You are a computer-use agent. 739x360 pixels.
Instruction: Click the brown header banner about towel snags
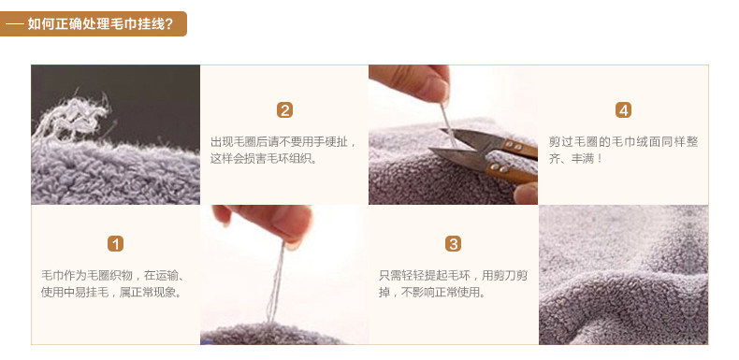tap(94, 23)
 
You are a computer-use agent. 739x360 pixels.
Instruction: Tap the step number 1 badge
tap(115, 244)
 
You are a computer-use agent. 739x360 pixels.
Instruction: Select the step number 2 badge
tap(284, 110)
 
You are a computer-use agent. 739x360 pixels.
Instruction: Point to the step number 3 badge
tap(453, 244)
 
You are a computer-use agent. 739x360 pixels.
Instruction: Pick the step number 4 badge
tap(623, 110)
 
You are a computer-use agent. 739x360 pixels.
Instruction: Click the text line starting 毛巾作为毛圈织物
tap(112, 275)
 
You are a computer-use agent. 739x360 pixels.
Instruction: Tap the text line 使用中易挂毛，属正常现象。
tap(111, 293)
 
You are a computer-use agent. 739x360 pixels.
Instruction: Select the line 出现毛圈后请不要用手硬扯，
tap(283, 142)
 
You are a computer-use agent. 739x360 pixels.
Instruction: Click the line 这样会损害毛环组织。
tap(264, 159)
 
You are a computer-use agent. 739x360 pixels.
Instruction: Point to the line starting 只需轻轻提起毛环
tap(453, 275)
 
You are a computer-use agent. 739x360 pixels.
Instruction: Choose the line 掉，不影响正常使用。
tap(432, 293)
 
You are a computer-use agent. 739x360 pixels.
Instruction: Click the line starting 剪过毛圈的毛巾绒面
tap(623, 142)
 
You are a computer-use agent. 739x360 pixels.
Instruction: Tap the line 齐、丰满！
tap(575, 159)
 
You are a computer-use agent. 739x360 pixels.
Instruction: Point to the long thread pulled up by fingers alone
tap(276, 282)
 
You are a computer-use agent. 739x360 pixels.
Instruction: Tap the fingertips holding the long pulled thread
tap(268, 223)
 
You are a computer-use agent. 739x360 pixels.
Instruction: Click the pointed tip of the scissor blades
tap(430, 150)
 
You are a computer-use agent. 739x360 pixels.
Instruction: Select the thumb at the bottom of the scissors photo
tap(526, 194)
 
